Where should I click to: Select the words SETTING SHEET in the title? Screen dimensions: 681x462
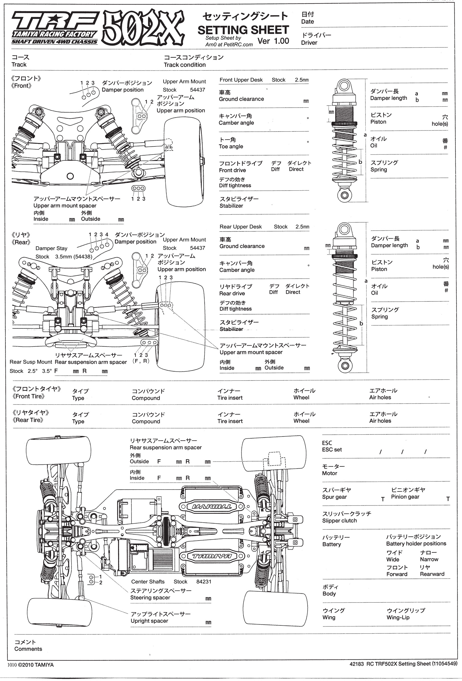tap(243, 30)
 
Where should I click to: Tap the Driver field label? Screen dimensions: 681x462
tap(309, 43)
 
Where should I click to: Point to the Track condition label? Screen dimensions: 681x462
tap(184, 65)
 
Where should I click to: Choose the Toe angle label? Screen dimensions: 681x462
tap(231, 146)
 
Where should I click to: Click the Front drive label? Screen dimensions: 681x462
tap(232, 170)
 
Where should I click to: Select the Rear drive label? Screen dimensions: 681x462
tap(232, 293)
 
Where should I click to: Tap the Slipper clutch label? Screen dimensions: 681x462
tap(339, 521)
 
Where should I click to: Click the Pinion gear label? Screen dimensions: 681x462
tap(405, 497)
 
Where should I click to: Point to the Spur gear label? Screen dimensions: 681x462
tap(334, 497)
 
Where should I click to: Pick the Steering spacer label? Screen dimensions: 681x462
tap(150, 597)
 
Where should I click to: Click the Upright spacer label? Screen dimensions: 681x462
tap(149, 621)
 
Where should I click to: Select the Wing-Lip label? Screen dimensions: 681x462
tap(398, 617)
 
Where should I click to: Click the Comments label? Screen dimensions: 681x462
tap(28, 649)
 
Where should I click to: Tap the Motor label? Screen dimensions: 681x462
tap(329, 473)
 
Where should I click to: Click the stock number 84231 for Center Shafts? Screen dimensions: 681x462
tap(204, 582)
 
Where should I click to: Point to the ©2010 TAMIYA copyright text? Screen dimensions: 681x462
tap(36, 665)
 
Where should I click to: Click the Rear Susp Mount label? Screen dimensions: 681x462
tap(31, 362)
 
